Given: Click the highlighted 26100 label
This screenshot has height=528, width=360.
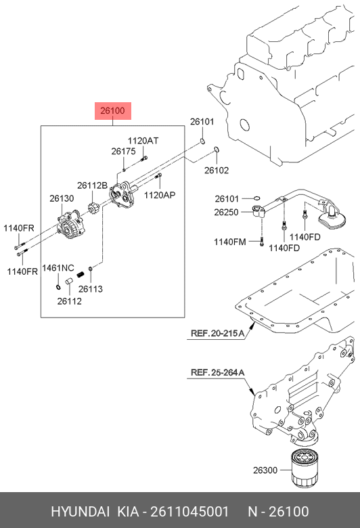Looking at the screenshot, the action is [x=112, y=111].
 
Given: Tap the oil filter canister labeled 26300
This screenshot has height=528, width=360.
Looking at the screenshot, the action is [x=305, y=468].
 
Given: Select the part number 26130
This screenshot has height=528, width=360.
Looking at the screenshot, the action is [x=62, y=198].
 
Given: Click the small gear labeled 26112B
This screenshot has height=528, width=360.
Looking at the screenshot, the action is [x=93, y=208].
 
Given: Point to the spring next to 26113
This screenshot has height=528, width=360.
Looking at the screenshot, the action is [x=81, y=274].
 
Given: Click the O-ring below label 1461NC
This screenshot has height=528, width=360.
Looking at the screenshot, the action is [x=58, y=287].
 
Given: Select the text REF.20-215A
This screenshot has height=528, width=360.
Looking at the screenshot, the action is [x=217, y=333].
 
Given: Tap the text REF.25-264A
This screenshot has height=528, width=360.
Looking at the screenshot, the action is [x=217, y=372].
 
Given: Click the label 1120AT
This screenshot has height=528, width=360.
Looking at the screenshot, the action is [x=143, y=141].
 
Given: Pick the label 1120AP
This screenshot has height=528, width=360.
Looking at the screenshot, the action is [x=160, y=195].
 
